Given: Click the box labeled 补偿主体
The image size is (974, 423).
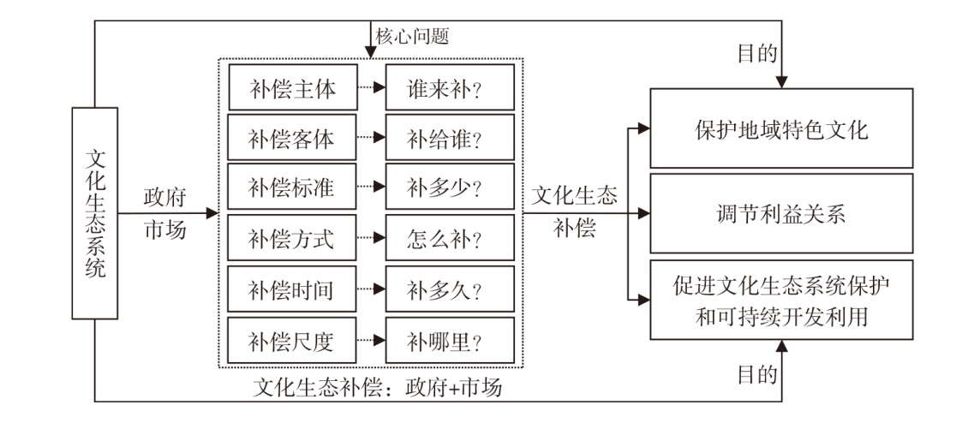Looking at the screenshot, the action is [293, 87].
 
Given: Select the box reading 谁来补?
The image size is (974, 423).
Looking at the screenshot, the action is [450, 87].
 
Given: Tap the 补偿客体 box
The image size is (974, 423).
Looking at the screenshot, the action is [293, 137].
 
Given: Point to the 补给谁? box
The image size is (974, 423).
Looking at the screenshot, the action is [450, 137].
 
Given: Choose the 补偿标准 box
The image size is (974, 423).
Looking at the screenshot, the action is [293, 187].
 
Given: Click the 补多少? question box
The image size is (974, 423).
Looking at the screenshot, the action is [450, 187].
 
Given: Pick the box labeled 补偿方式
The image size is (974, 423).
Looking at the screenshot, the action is [293, 238].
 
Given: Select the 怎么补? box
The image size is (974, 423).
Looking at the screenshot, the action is [450, 238].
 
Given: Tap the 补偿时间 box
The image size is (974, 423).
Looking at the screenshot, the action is [293, 289].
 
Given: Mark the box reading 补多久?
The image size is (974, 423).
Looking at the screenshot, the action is [450, 289].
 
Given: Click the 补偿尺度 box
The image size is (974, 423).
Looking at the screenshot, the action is [293, 340].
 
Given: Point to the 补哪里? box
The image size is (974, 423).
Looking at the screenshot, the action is [450, 340].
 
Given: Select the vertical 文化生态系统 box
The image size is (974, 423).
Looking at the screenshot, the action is [95, 213].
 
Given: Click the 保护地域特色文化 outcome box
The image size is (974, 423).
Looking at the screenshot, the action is [781, 128].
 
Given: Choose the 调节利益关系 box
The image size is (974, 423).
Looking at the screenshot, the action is [781, 213].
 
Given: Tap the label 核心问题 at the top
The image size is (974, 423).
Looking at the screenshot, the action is [412, 37].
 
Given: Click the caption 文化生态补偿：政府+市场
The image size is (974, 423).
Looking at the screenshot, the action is [378, 388].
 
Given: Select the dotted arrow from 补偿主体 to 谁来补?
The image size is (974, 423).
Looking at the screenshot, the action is [372, 87].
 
